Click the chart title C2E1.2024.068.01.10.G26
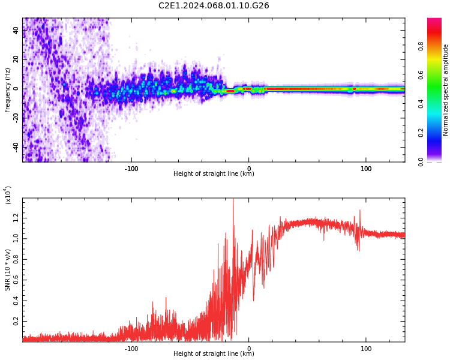pos(214,6)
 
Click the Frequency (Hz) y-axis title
pos(8,90)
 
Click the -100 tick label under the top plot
pos(131,169)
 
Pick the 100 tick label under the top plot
pos(366,169)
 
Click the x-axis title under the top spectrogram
pos(214,174)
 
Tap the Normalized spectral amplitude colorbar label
pos(446,90)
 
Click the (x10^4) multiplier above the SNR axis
pos(8,195)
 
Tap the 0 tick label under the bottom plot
pos(249,349)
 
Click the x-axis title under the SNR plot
pos(214,354)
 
